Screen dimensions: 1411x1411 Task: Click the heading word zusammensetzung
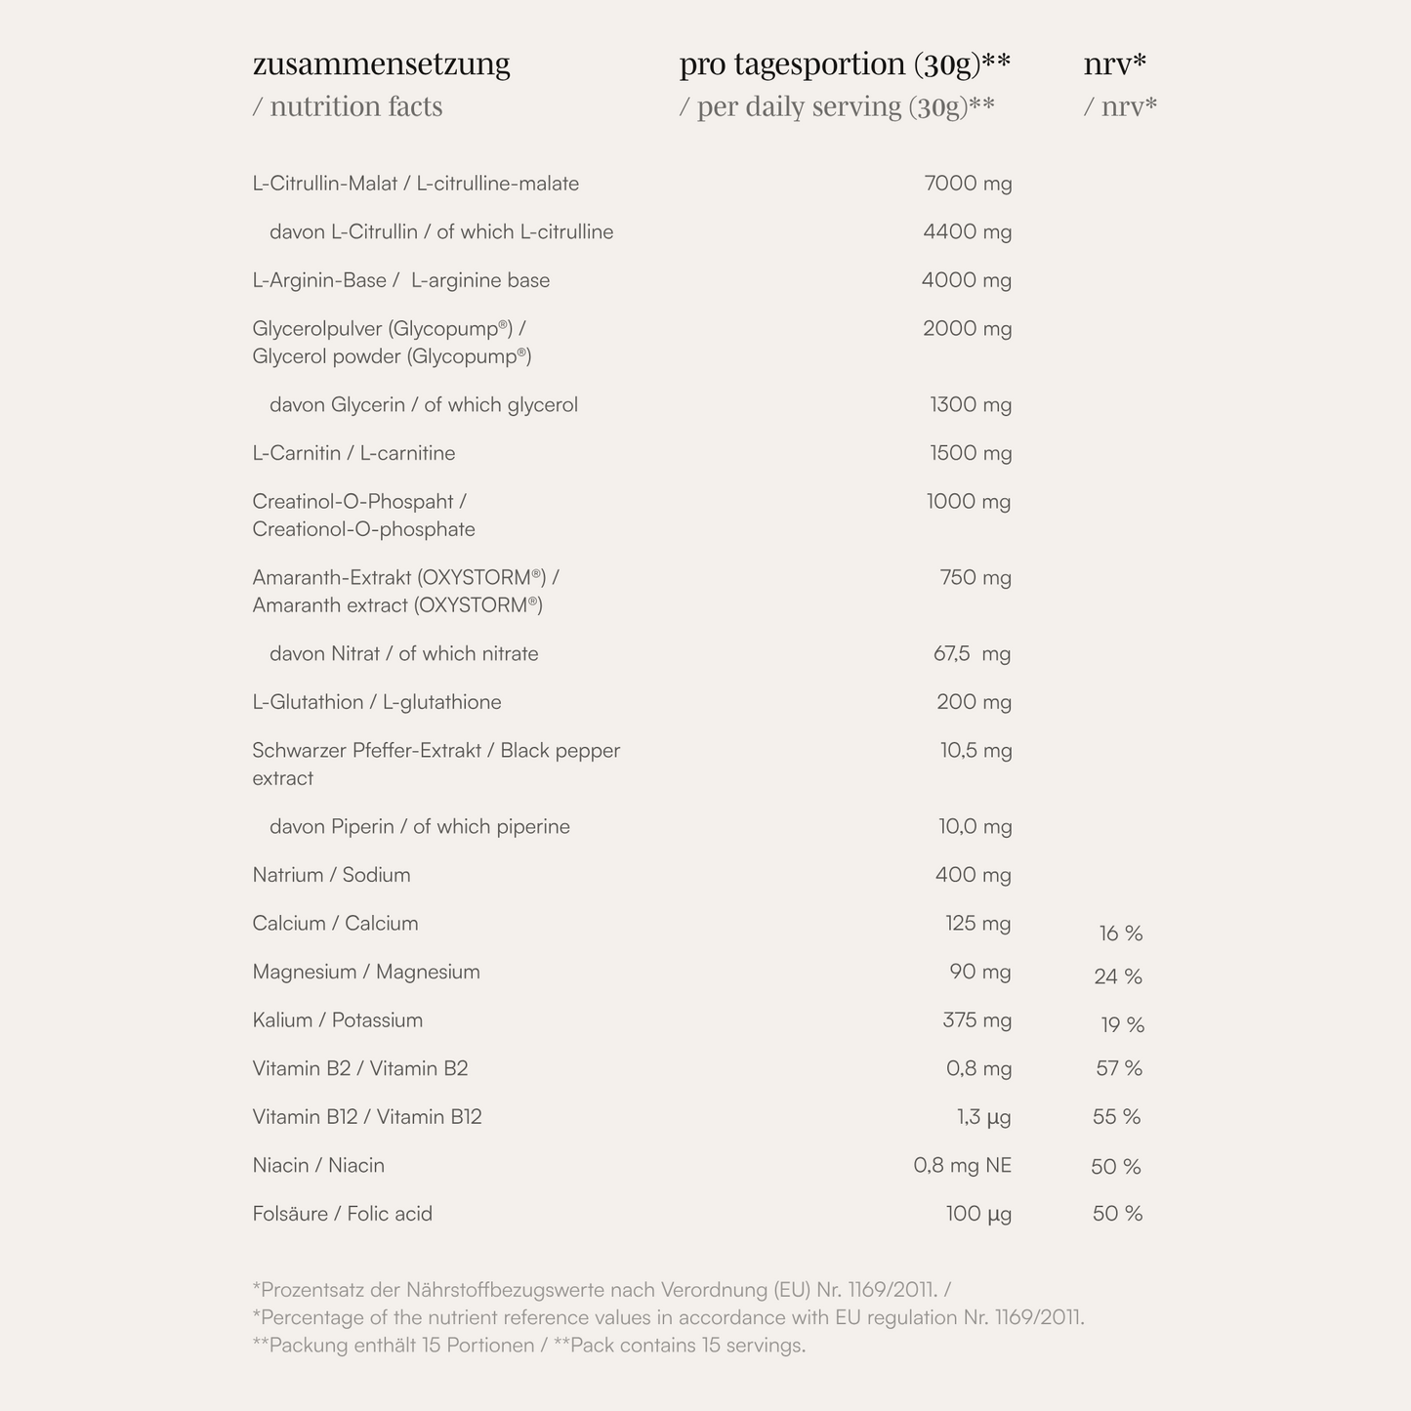click(381, 64)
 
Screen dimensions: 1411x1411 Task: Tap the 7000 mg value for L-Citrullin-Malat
click(968, 184)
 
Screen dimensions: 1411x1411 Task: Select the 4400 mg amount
click(968, 232)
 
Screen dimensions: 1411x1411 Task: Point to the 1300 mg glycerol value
click(971, 405)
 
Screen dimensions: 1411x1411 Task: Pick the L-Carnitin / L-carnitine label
click(353, 453)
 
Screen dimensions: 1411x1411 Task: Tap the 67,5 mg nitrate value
click(972, 654)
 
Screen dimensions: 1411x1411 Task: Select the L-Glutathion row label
click(376, 702)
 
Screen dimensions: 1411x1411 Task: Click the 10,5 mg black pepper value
click(975, 751)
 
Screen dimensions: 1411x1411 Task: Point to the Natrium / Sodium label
click(331, 875)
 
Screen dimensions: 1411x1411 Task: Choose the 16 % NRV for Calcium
click(1120, 934)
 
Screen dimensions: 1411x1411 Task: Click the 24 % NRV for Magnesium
click(1118, 977)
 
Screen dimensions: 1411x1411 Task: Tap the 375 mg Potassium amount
click(976, 1020)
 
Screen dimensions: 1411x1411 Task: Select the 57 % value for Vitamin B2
click(1119, 1069)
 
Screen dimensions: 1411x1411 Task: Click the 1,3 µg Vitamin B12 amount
click(983, 1117)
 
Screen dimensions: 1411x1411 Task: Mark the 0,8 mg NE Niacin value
click(962, 1166)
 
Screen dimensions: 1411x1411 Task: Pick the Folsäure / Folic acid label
click(342, 1214)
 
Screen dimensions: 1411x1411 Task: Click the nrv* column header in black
click(1114, 64)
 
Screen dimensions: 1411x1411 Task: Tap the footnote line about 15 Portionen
click(528, 1346)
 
